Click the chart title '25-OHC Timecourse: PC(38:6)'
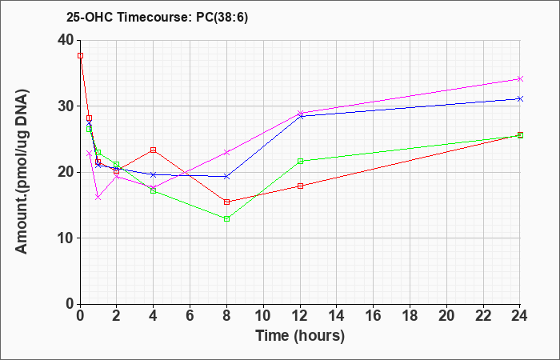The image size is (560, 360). pos(157,17)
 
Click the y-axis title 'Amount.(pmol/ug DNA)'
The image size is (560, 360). pos(22,172)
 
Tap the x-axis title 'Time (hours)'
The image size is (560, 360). pos(300,336)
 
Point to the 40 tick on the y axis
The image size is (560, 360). pos(69,40)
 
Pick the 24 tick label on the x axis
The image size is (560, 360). pos(520,316)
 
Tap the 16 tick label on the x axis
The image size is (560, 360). pos(374,316)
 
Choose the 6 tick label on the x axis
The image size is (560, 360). pos(190,316)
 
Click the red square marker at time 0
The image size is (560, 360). pos(80,56)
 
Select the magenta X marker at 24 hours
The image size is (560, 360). pos(520,79)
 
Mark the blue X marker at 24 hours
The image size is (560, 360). pos(520,98)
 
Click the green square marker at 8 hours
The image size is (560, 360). pos(226,219)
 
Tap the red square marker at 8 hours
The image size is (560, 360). pos(226,202)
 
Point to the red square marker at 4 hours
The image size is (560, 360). pos(154,150)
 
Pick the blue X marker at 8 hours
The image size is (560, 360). pos(226,177)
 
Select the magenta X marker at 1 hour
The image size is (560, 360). pos(98,197)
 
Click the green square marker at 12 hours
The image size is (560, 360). pos(300,161)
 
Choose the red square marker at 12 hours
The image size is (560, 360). pos(300,186)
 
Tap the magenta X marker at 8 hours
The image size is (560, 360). pos(226,153)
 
